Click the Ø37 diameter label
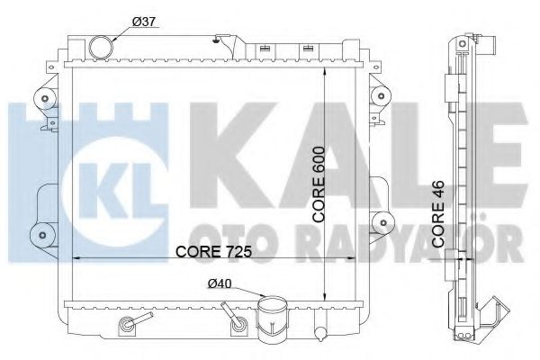(144, 22)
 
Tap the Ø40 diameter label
(220, 283)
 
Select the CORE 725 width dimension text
(213, 251)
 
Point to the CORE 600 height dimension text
(319, 184)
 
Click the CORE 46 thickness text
(438, 214)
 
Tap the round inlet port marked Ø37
(101, 48)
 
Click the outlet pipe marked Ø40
(272, 318)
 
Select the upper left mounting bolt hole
(44, 99)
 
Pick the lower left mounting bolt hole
(42, 235)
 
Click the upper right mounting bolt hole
(381, 95)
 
